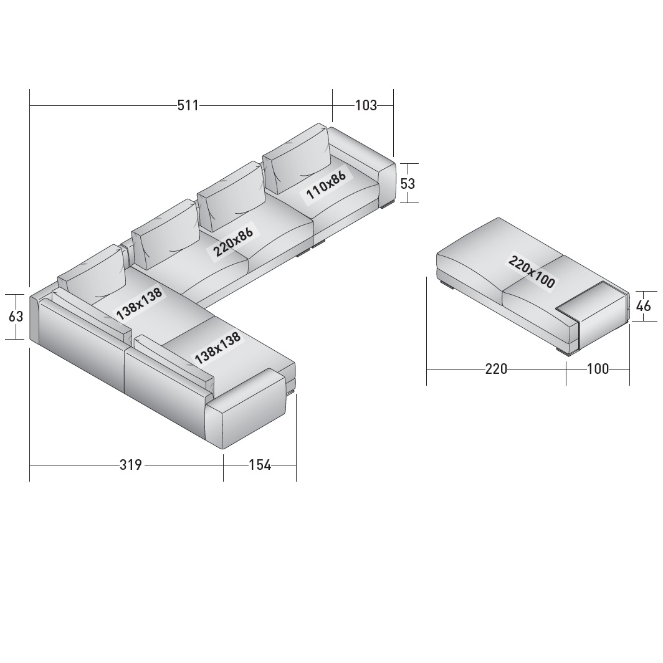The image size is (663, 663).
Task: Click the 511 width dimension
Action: tap(188, 105)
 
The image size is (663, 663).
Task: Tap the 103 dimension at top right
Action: tap(366, 105)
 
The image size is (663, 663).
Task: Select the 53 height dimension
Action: tap(408, 183)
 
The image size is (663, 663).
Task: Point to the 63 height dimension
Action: tap(16, 316)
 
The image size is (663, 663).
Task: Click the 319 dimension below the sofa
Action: tap(131, 465)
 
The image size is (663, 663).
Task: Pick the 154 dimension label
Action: tap(260, 465)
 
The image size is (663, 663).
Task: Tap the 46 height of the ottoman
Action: tap(643, 306)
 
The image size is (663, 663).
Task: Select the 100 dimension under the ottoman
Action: tap(598, 369)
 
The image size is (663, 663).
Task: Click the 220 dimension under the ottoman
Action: tap(496, 369)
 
